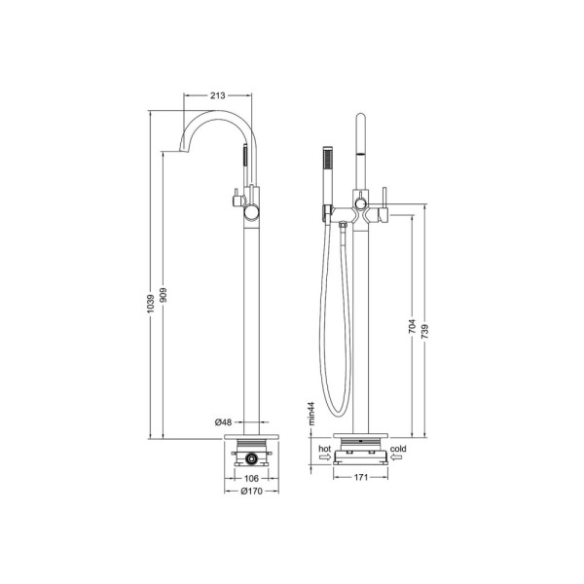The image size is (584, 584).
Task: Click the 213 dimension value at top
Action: [x=217, y=95]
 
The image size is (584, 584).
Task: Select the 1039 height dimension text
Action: [x=151, y=303]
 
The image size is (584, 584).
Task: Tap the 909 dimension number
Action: [x=164, y=295]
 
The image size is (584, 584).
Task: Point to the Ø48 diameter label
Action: [x=224, y=422]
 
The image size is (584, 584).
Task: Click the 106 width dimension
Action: [x=251, y=478]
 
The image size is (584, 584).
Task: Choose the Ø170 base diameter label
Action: [x=251, y=492]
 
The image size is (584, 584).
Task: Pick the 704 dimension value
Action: [x=412, y=326]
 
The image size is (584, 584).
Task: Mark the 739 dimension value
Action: [x=424, y=332]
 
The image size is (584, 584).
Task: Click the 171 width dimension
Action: [x=360, y=478]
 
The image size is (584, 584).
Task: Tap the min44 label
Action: [x=311, y=414]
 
